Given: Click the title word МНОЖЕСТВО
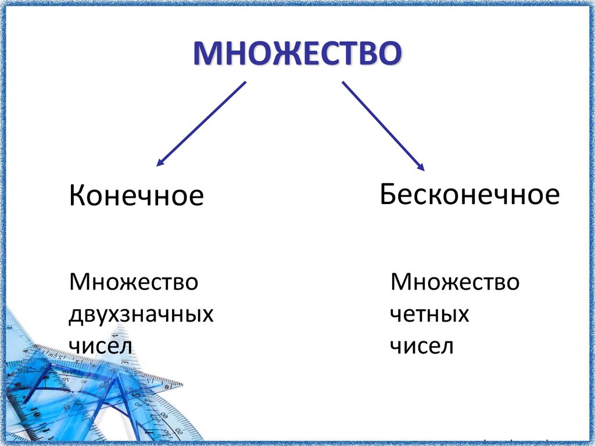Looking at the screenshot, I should pos(297,53).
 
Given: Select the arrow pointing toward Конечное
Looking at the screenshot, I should pos(201,124).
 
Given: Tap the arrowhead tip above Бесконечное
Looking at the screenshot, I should pos(424,170).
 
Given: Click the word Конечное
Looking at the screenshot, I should pos(136,196).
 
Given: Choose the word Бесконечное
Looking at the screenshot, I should pos(469,194).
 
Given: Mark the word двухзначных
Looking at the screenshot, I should pos(141,315).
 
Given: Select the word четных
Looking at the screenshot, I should pos(429,315).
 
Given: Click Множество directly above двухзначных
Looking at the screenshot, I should pos(134,283).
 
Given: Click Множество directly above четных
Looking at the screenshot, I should pos(455,283).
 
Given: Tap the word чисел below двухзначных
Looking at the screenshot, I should pos(101,347).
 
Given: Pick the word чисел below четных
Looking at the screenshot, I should pos(421,347).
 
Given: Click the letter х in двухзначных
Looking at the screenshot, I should pos(114,316).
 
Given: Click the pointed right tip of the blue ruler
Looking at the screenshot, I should pos(182,384).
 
